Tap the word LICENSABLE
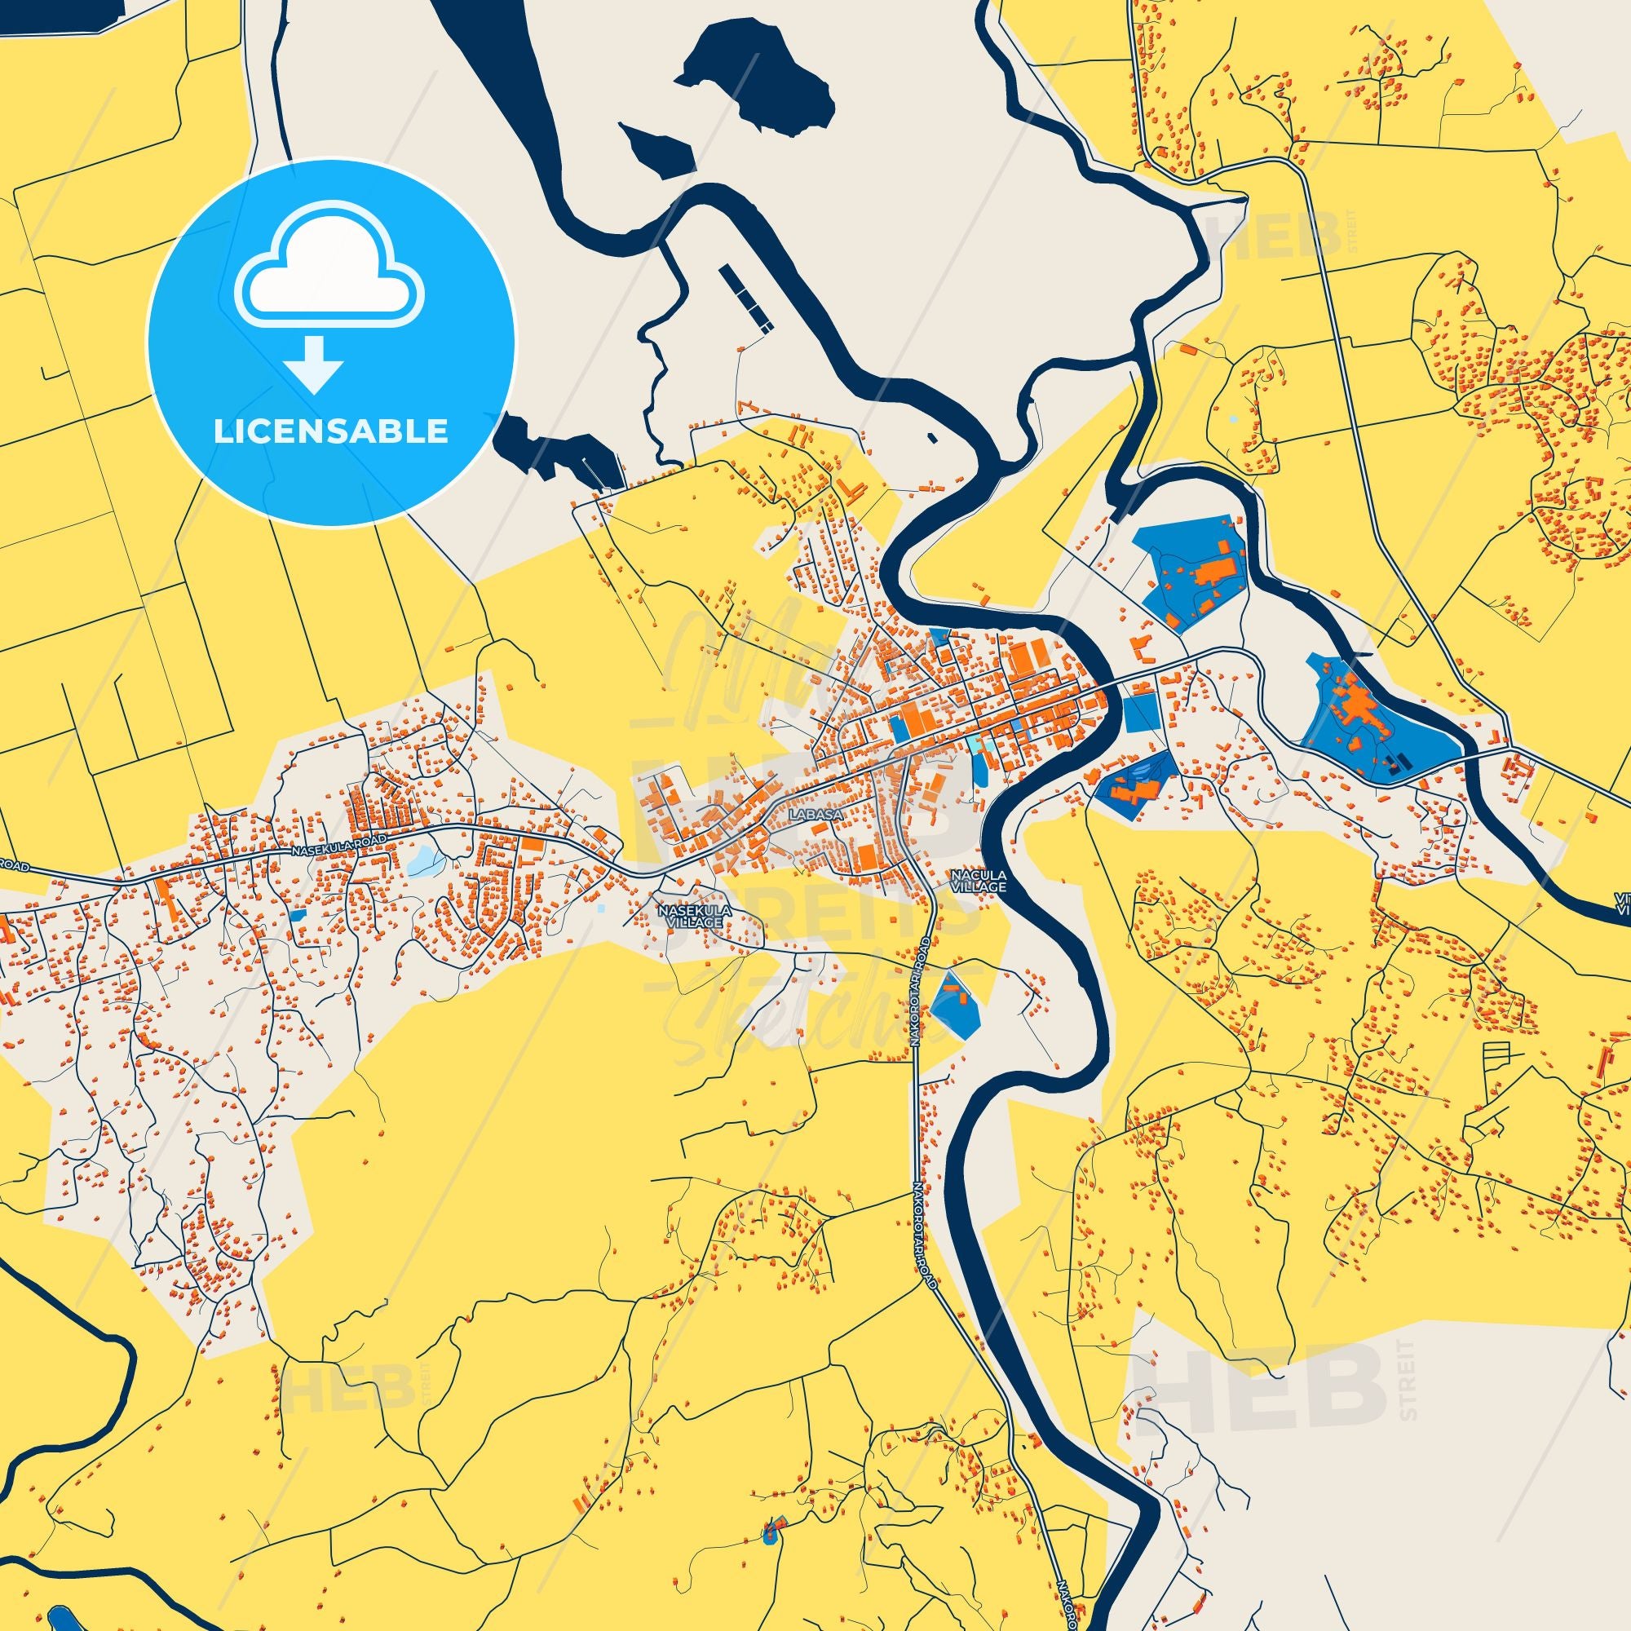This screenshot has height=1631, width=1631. click(x=331, y=431)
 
